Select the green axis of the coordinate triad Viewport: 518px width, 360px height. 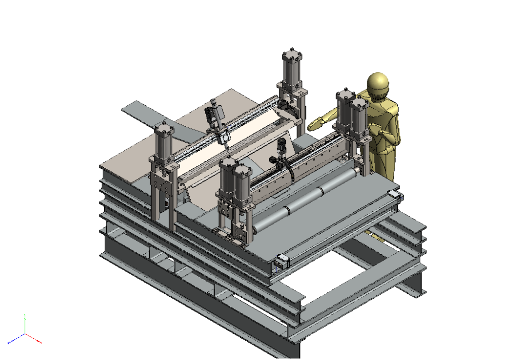coord(25,324)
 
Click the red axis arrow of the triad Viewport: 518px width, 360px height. coord(34,339)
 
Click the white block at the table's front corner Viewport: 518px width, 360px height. coord(281,261)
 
